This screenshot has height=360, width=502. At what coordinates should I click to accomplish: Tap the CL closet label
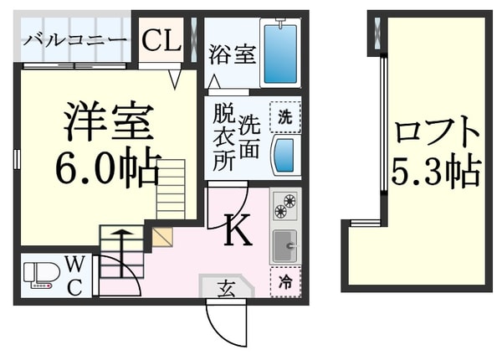(x=161, y=39)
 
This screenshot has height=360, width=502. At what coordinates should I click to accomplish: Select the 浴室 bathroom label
(x=232, y=54)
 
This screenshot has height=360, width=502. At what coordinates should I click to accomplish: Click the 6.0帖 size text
(x=107, y=170)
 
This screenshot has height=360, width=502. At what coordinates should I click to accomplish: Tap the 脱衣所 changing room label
(x=223, y=137)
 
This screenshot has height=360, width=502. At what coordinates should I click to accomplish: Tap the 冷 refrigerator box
(x=284, y=283)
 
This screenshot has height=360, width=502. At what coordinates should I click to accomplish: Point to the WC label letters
(x=74, y=276)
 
